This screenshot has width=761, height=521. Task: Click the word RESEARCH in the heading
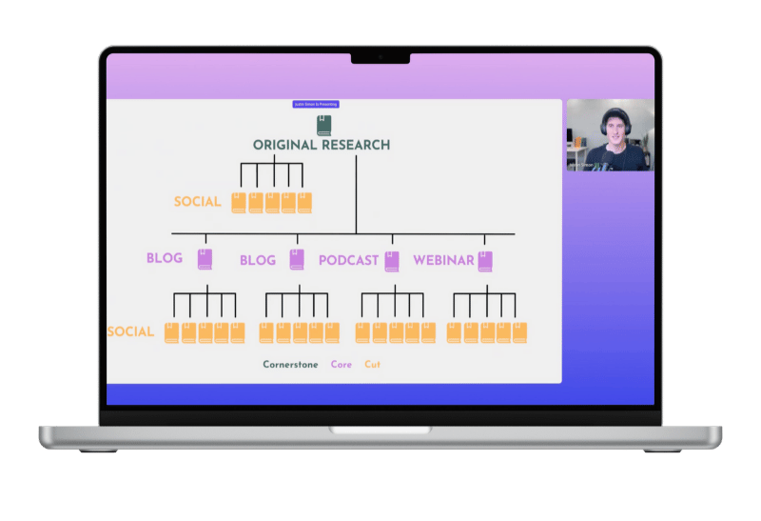[x=354, y=146]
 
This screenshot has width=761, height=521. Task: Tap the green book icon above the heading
[x=323, y=125]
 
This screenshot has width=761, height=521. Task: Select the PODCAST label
[x=348, y=260]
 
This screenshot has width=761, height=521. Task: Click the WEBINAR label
[x=443, y=260]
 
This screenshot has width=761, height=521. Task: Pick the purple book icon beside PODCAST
[x=392, y=260]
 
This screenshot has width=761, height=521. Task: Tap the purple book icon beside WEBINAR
[x=485, y=260]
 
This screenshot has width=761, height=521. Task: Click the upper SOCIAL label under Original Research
[x=197, y=202]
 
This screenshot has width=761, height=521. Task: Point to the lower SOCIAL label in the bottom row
[x=130, y=332]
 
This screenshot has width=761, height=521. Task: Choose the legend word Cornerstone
[x=290, y=365]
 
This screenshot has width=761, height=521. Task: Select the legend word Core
[x=341, y=365]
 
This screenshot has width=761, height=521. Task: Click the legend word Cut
[x=373, y=365]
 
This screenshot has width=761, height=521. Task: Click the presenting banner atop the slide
[x=316, y=104]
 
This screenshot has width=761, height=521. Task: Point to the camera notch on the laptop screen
[x=380, y=57]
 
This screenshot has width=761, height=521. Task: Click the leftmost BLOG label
[x=165, y=258]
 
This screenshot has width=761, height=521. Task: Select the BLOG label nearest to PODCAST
[x=258, y=260]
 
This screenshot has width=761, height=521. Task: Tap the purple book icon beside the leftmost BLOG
[x=205, y=259]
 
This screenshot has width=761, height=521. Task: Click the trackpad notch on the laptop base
[x=380, y=431]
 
